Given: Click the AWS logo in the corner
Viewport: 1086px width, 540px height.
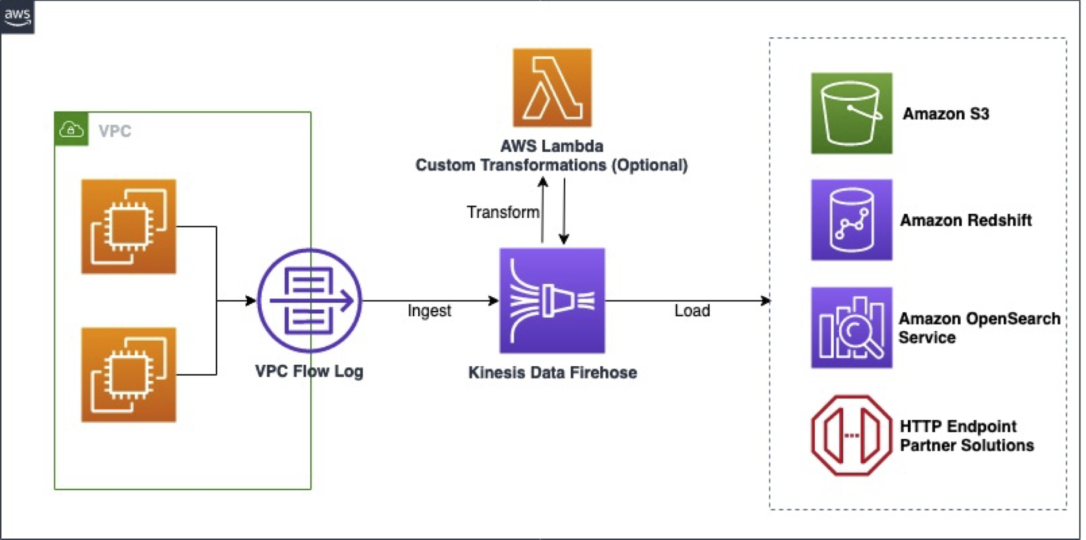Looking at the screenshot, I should [17, 17].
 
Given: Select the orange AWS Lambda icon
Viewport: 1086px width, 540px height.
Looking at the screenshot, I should [552, 88].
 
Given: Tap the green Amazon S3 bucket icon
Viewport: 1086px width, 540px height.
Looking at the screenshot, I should [851, 114].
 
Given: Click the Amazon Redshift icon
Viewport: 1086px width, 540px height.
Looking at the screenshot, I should [851, 220].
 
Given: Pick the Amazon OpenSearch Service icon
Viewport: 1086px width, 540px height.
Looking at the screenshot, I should [851, 328].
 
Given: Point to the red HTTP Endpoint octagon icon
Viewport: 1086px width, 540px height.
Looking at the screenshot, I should [851, 435].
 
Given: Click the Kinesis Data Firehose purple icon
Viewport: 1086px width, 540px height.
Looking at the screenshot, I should [552, 301].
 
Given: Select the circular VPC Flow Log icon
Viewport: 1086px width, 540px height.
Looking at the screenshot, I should [310, 301].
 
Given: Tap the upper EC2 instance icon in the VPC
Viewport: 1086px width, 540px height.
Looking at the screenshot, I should [129, 227].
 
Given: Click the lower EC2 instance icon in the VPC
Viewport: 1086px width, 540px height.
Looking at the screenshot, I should [129, 375].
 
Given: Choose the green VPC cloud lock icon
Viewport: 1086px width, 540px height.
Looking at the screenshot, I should [71, 130].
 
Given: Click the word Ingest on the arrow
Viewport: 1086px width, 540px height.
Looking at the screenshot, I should [429, 311].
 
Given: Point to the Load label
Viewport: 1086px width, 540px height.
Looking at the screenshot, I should [692, 311].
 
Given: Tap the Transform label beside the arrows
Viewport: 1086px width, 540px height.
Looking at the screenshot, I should [502, 212].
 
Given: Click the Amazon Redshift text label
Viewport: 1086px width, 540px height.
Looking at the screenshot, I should [966, 220].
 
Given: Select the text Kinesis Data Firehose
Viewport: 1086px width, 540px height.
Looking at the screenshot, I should [552, 372].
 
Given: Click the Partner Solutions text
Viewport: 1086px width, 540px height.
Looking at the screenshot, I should [967, 445].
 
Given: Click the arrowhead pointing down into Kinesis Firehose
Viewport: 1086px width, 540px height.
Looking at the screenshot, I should [564, 239].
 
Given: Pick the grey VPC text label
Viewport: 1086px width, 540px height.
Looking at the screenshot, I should [115, 131].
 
